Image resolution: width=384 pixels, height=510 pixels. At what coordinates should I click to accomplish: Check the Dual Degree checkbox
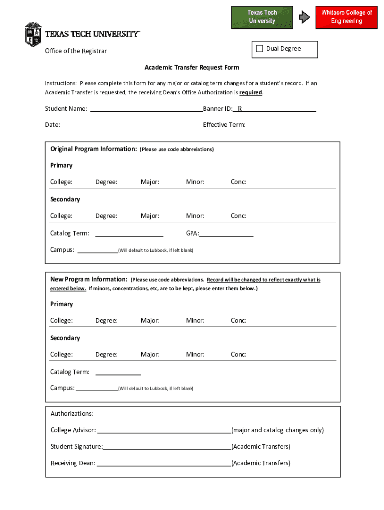coord(259,49)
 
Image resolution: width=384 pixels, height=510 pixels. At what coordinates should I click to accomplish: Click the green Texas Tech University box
coord(262,17)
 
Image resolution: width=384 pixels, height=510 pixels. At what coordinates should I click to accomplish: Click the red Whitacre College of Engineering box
coord(346,17)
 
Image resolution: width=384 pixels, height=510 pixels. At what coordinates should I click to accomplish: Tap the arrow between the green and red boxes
coord(304,17)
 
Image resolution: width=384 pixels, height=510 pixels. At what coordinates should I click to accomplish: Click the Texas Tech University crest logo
coord(33,34)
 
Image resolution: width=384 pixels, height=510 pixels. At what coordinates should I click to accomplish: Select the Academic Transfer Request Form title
coord(192,67)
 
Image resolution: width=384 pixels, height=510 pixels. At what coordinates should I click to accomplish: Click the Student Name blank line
coord(146,109)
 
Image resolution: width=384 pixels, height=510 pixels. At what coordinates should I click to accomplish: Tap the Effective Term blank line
coord(281,125)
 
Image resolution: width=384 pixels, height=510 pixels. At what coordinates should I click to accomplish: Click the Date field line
coord(132,125)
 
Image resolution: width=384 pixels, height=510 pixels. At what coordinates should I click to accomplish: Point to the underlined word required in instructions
coord(250,93)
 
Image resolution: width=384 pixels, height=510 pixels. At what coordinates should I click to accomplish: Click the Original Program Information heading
coord(93,149)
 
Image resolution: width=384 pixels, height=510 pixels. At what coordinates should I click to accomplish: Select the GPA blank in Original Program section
coord(227,233)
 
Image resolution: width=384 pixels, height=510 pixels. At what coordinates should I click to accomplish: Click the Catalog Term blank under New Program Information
coord(118,372)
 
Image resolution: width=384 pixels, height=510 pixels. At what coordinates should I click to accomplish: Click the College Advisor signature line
coord(164,430)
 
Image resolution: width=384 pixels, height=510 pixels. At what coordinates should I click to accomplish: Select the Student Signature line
coord(167,447)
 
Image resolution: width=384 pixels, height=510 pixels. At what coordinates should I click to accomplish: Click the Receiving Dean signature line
coord(164,463)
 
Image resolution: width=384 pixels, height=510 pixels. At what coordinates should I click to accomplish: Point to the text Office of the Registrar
coord(76,51)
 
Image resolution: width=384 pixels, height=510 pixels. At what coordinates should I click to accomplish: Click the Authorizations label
coord(72,414)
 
